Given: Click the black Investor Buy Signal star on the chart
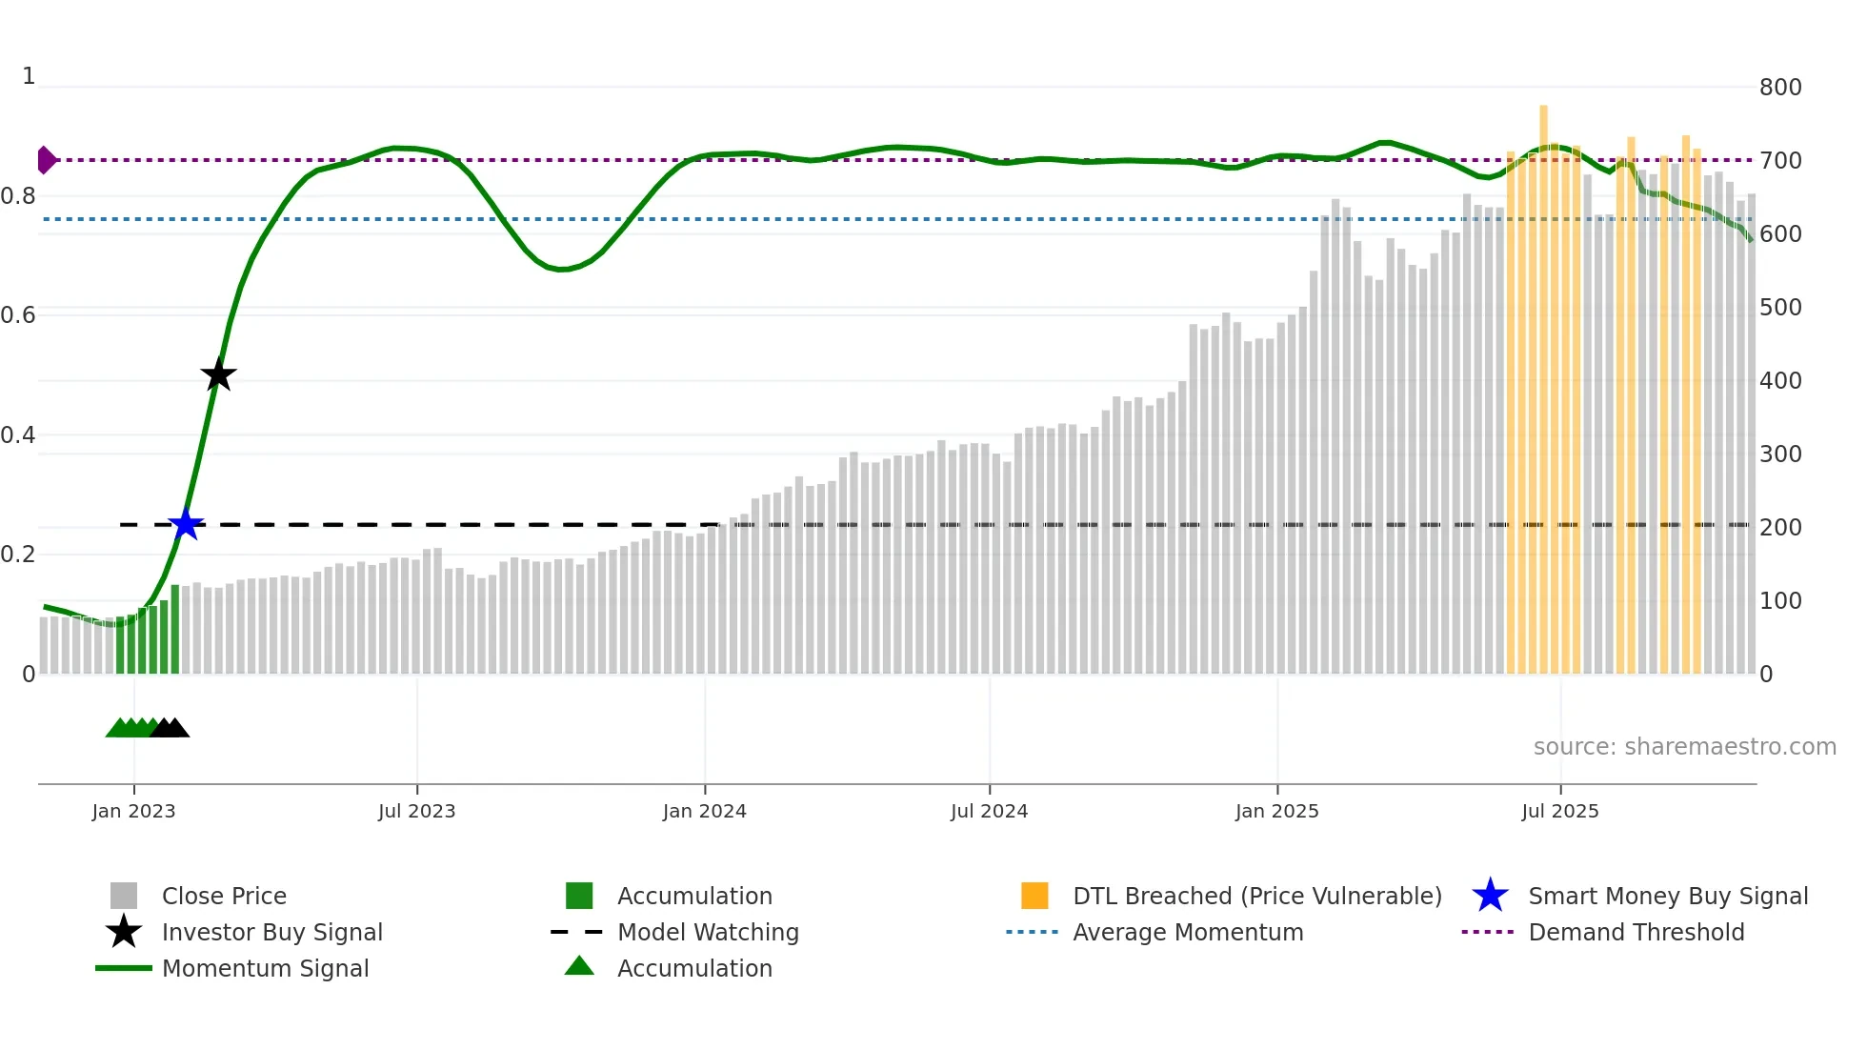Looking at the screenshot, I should (218, 374).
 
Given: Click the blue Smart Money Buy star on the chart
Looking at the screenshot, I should (186, 524).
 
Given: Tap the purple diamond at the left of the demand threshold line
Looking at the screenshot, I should (46, 160).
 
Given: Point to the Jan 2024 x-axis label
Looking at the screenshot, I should (704, 811).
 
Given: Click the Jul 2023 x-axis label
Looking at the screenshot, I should (416, 811).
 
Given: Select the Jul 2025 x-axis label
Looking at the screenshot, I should (1559, 811).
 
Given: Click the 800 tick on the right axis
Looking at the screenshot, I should (1779, 88).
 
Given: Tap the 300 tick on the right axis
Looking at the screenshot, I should (1779, 454).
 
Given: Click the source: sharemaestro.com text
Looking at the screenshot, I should (1684, 747).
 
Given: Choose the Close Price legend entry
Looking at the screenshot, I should (224, 896).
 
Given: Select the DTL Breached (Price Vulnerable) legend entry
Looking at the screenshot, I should (1256, 896).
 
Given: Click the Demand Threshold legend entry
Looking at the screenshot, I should (1636, 932).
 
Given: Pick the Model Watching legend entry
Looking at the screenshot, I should (708, 932).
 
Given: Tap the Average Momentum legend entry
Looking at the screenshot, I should (1188, 932).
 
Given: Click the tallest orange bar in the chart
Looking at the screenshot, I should (1543, 381).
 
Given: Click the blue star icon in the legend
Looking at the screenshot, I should (1490, 896).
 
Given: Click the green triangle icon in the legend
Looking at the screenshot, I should (579, 966).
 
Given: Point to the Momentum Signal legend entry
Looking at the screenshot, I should (265, 968).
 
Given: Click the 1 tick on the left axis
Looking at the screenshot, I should (29, 76).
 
